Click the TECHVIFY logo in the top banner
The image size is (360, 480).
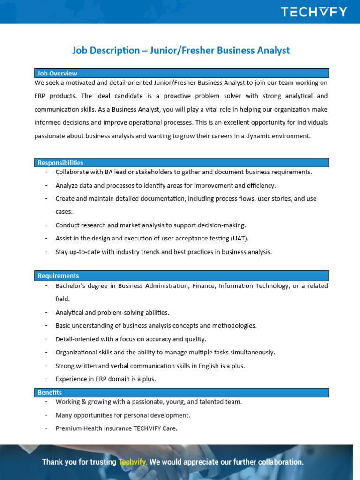pyautogui.click(x=314, y=12)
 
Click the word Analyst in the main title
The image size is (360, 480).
pyautogui.click(x=271, y=50)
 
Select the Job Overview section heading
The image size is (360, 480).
pyautogui.click(x=58, y=73)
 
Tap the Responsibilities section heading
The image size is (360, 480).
pyautogui.click(x=60, y=163)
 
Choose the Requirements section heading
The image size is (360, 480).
pyautogui.click(x=58, y=276)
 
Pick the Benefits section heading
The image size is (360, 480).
pyautogui.click(x=50, y=392)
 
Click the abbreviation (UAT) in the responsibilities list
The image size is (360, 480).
pyautogui.click(x=240, y=238)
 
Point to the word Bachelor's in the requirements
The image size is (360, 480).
pyautogui.click(x=70, y=285)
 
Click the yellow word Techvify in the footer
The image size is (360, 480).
pyautogui.click(x=133, y=462)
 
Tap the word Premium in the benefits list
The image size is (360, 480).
pyautogui.click(x=68, y=428)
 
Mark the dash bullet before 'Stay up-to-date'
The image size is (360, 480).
pyautogui.click(x=46, y=252)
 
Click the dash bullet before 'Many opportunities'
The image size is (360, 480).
pyautogui.click(x=46, y=415)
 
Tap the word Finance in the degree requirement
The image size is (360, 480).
pyautogui.click(x=202, y=285)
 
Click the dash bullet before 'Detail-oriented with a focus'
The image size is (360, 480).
pyautogui.click(x=46, y=339)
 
